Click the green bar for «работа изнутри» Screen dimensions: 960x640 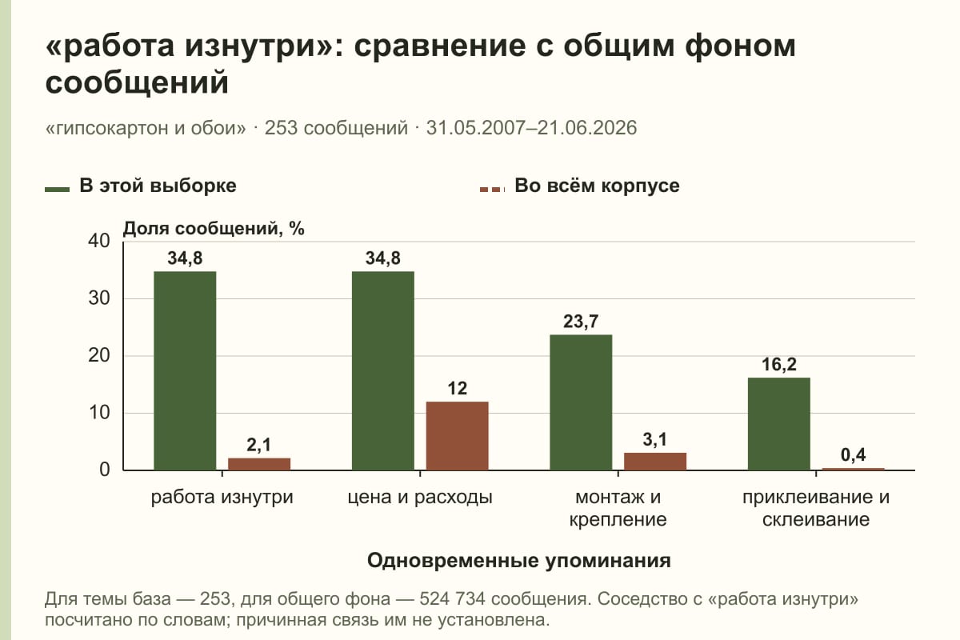pyautogui.click(x=185, y=370)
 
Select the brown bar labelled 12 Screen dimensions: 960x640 pyautogui.click(x=457, y=436)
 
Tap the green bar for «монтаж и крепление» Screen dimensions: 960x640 pyautogui.click(x=581, y=402)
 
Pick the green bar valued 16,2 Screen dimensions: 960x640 pyautogui.click(x=778, y=424)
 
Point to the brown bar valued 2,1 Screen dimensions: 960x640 pyautogui.click(x=259, y=464)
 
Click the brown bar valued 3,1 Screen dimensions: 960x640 pyautogui.click(x=655, y=462)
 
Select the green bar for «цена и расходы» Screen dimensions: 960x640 pyautogui.click(x=382, y=370)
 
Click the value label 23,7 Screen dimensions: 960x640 pyautogui.click(x=581, y=322)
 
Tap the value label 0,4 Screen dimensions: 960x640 pyautogui.click(x=854, y=455)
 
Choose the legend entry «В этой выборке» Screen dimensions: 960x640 pyautogui.click(x=141, y=186)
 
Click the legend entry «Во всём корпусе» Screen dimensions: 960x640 pyautogui.click(x=579, y=186)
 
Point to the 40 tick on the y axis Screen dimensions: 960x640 pyautogui.click(x=99, y=241)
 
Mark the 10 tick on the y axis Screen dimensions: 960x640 pyautogui.click(x=99, y=413)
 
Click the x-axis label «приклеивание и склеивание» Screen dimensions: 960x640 pyautogui.click(x=816, y=508)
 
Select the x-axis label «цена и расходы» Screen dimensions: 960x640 pyautogui.click(x=420, y=498)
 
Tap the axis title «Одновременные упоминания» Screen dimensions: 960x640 pyautogui.click(x=519, y=561)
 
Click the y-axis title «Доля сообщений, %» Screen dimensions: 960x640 pyautogui.click(x=214, y=229)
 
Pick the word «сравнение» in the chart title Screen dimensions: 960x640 pyautogui.click(x=440, y=46)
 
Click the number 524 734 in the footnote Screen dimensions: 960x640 pyautogui.click(x=452, y=599)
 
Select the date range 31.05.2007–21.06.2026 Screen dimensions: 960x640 pyautogui.click(x=531, y=128)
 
